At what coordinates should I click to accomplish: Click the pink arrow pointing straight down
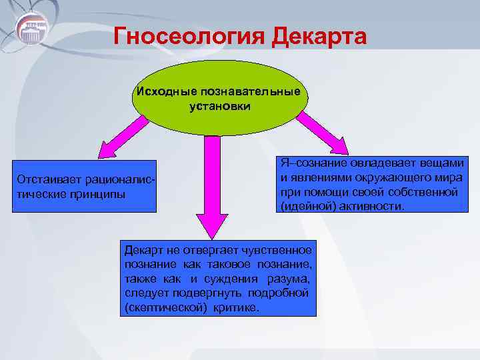click(x=213, y=187)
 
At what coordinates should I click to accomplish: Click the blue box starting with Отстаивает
click(x=86, y=187)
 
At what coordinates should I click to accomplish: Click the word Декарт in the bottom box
click(x=143, y=250)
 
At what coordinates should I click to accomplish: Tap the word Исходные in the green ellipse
click(x=164, y=91)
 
